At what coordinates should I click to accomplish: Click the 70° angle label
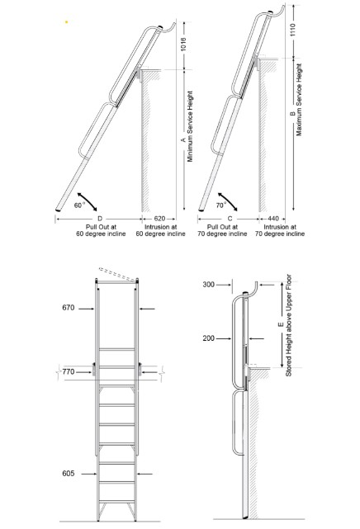222,203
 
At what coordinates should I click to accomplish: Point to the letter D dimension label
100,218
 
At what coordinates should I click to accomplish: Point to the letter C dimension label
227,218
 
